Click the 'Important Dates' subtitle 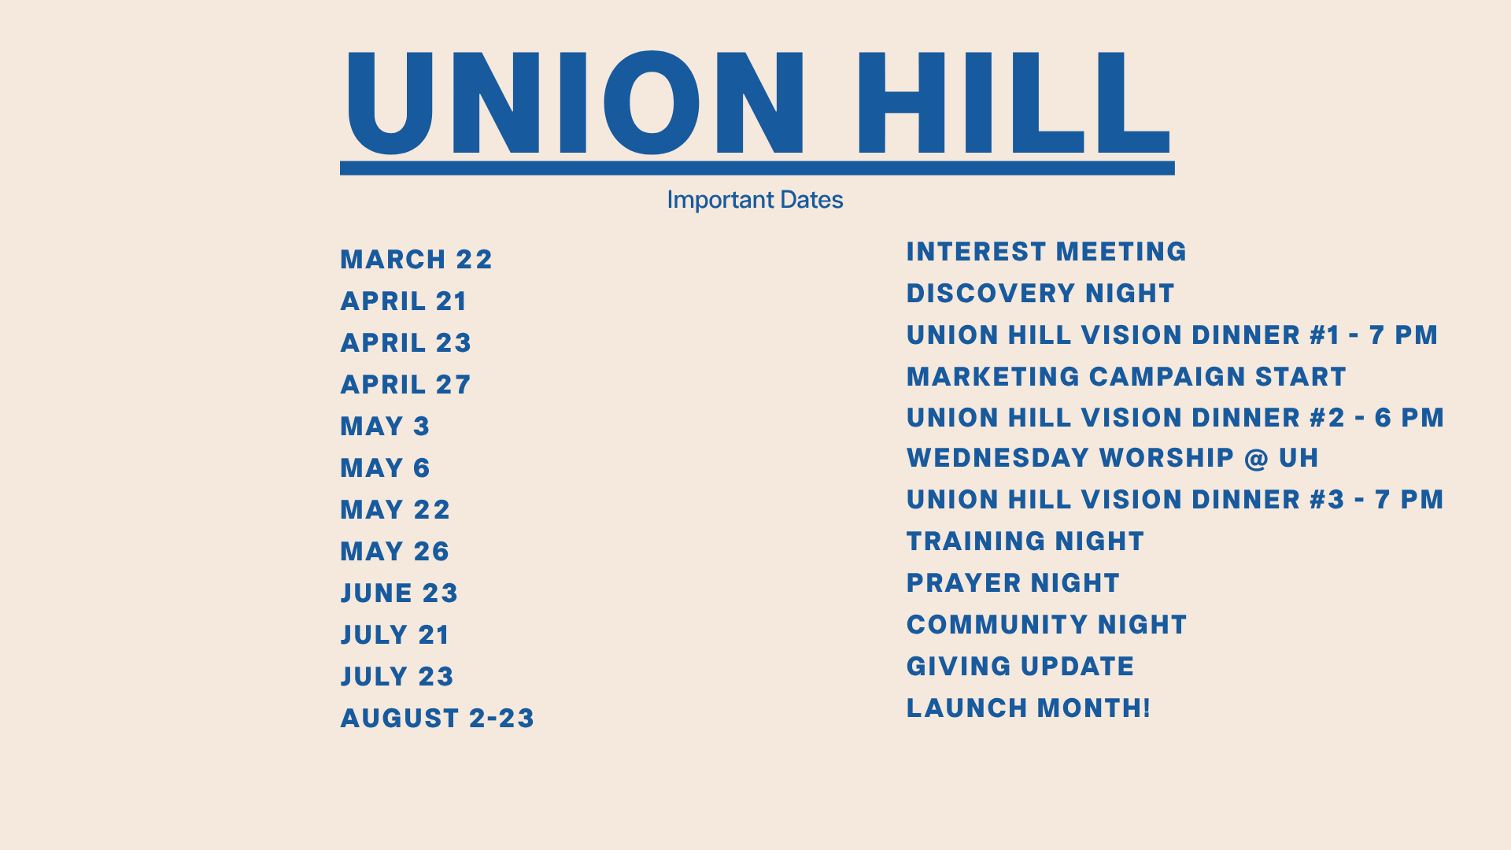pos(755,200)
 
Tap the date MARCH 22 pos(416,260)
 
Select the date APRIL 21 pos(404,301)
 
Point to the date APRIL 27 pos(405,385)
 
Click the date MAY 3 pos(385,427)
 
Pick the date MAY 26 pos(395,552)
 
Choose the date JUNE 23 pos(399,593)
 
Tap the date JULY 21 pos(395,635)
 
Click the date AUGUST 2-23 pos(438,719)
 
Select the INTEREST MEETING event pos(1047,252)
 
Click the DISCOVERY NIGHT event pos(1040,294)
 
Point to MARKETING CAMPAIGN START pos(1126,377)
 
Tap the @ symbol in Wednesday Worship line pos(1257,459)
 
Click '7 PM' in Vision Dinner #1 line pos(1403,335)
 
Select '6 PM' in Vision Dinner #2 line pos(1409,418)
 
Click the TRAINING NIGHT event pos(1025,541)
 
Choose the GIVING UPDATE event pos(1020,667)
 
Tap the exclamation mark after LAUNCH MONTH pos(1146,708)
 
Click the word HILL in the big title pos(1014,102)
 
